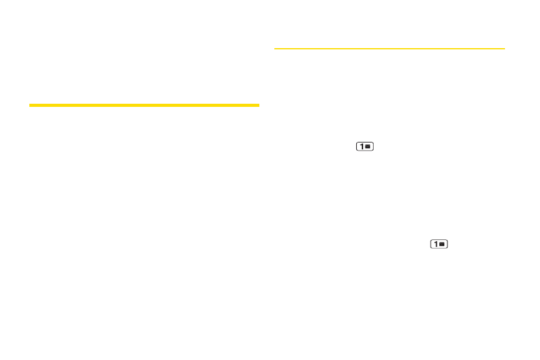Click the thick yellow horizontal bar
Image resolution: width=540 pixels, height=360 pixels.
(x=144, y=105)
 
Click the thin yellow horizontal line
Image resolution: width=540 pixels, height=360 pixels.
(x=389, y=48)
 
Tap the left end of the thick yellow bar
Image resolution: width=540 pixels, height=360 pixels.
(x=30, y=105)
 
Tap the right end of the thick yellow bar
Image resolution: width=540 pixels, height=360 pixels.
(x=258, y=105)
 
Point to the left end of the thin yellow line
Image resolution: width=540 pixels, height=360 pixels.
(x=276, y=48)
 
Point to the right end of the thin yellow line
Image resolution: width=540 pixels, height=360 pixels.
(x=504, y=48)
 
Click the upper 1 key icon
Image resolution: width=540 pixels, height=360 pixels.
(x=364, y=146)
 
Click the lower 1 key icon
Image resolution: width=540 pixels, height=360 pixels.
(x=439, y=244)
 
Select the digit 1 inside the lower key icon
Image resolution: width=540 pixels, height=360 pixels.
(x=435, y=244)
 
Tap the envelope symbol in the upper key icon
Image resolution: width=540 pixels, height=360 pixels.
(x=368, y=146)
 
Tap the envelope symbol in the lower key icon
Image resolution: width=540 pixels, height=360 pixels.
(x=442, y=244)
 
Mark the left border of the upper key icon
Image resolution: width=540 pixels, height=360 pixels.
(x=356, y=146)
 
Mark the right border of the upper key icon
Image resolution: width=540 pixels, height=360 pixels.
(x=372, y=146)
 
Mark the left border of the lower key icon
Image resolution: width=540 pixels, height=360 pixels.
(x=430, y=244)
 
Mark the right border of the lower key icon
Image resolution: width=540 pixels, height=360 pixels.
(x=447, y=244)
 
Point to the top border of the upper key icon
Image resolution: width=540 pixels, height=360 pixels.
(x=364, y=142)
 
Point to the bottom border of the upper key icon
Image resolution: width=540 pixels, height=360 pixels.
(x=364, y=151)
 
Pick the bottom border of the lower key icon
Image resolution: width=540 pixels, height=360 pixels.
(x=439, y=249)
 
